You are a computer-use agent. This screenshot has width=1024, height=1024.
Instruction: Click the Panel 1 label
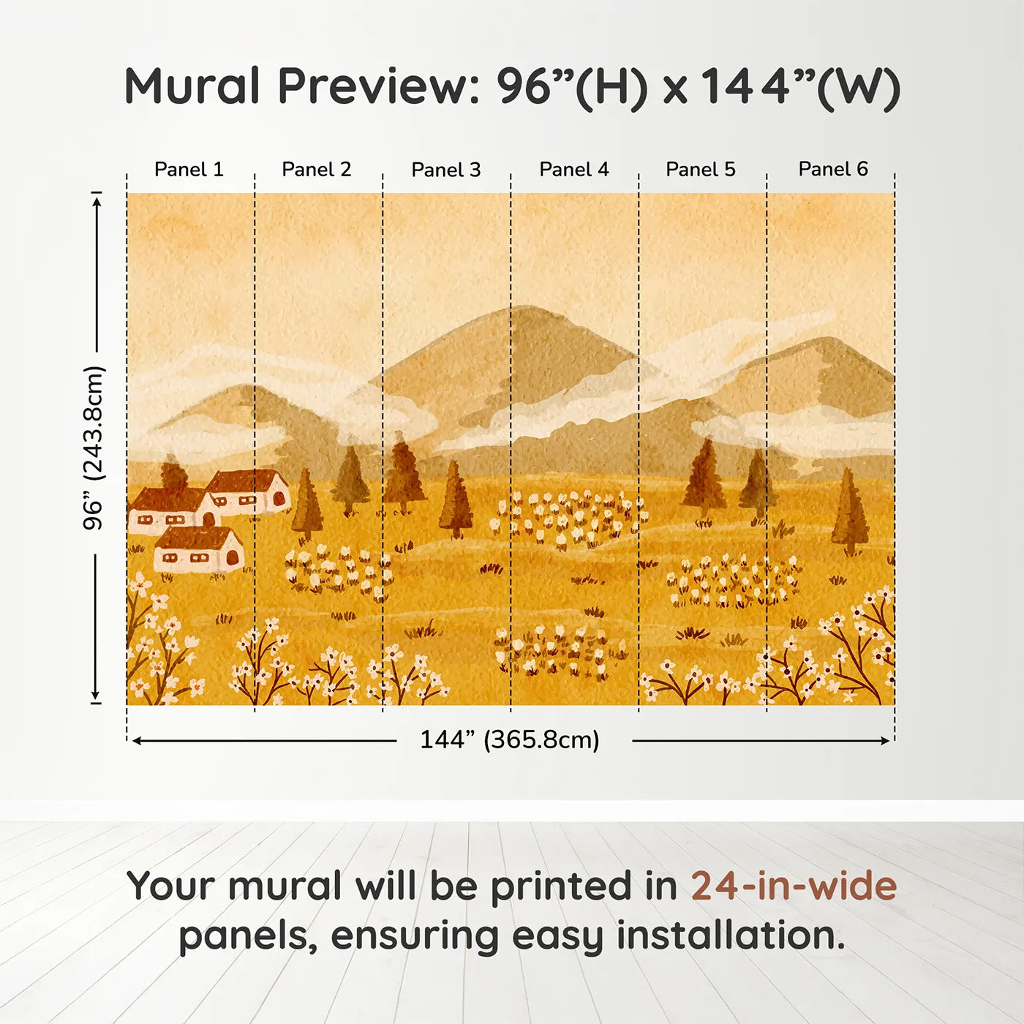coord(189,170)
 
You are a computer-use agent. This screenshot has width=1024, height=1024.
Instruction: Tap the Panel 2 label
coord(317,170)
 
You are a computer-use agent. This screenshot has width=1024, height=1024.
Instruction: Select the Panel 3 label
coord(446,170)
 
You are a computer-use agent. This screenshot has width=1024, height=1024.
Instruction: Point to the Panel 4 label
coord(574,170)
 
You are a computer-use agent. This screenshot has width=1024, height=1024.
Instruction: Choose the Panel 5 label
coord(701,170)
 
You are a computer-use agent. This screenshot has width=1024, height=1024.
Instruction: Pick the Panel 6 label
coord(833,170)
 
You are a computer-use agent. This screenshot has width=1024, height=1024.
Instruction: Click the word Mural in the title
coord(192,86)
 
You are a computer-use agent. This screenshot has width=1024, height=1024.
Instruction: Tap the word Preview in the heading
coord(378,86)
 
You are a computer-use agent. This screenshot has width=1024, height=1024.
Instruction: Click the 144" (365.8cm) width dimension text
coord(510,740)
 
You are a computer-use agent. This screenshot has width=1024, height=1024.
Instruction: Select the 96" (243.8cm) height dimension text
coord(94,448)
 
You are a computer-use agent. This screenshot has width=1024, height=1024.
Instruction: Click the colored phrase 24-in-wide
coord(794,886)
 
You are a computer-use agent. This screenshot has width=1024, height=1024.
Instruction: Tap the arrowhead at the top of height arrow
coord(96,199)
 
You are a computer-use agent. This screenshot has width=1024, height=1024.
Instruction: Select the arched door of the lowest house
coord(233,558)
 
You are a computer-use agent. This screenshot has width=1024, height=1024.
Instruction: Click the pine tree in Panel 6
coord(849,512)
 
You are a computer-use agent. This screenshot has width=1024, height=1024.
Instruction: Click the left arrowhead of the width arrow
coord(137,741)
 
